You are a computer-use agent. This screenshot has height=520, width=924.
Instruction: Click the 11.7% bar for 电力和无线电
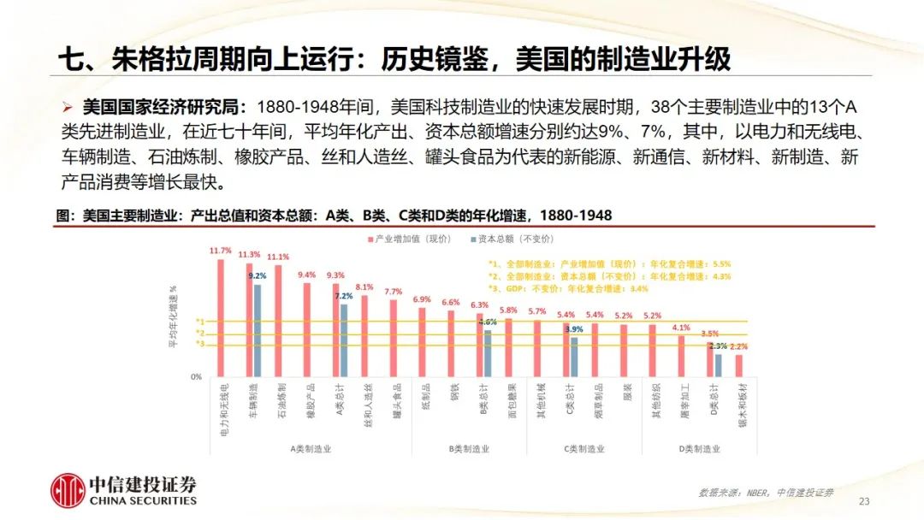221,317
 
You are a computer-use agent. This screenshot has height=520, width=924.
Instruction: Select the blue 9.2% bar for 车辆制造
257,330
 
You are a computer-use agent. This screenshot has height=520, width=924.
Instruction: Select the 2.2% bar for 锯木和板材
739,365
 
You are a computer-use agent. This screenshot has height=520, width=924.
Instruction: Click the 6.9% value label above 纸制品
422,300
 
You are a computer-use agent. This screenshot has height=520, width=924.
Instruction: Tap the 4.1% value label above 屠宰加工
681,328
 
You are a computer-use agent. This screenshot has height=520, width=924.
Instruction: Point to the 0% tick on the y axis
196,376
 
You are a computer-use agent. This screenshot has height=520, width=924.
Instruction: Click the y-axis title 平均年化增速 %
173,316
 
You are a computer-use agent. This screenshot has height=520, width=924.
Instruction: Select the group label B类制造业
469,448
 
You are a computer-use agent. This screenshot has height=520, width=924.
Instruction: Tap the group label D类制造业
699,448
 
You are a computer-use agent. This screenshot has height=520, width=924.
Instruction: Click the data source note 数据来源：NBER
743,493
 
